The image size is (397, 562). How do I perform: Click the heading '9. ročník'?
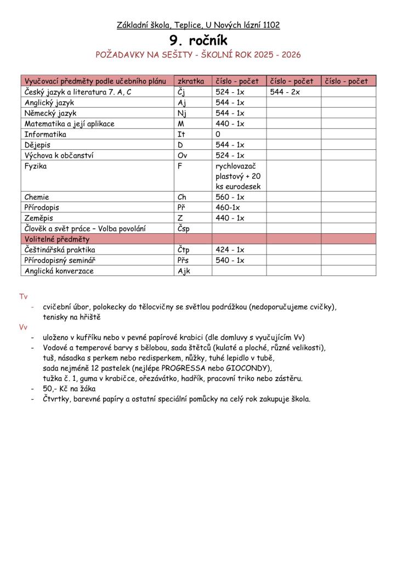tap(198, 40)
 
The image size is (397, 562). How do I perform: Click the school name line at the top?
tap(198, 25)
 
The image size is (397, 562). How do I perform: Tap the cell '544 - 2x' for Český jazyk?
tap(285, 92)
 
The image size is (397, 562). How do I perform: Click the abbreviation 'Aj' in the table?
tap(182, 103)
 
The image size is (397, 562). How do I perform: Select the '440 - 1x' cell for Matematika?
tap(230, 123)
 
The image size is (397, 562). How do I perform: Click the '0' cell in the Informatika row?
tap(218, 134)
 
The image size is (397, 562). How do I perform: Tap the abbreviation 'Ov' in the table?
tap(183, 155)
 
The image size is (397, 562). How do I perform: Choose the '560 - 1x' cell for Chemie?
tap(230, 197)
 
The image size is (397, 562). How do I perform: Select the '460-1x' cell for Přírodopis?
tap(228, 208)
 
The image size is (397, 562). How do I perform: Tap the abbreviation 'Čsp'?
tap(184, 229)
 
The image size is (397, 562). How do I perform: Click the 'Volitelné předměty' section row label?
tap(56, 239)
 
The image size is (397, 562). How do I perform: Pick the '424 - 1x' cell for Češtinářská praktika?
tap(230, 250)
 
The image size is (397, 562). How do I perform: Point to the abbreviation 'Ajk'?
tap(184, 271)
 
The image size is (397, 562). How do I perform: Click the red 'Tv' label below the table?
tap(24, 296)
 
